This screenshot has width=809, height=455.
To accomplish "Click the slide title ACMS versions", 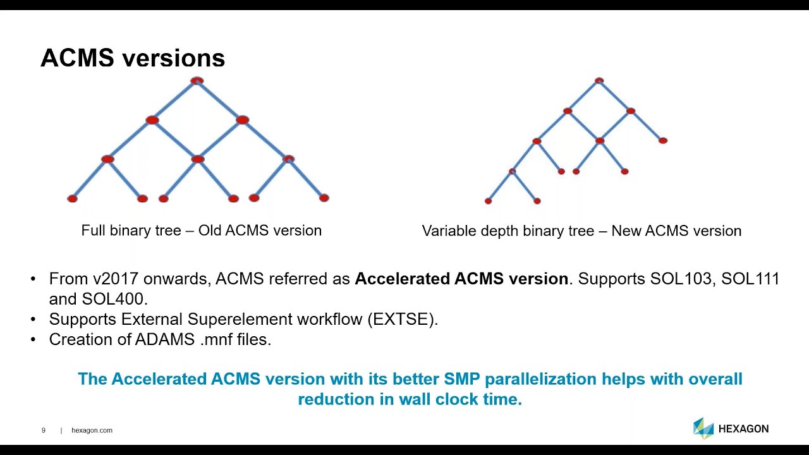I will click(133, 58).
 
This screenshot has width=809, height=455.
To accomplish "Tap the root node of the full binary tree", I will click(197, 81).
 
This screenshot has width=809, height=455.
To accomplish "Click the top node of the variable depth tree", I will click(599, 81).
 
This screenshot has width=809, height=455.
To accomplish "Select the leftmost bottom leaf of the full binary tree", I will click(72, 198).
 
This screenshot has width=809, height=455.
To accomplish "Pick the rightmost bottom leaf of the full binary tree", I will click(324, 198).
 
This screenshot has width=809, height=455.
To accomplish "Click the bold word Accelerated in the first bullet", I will click(402, 279).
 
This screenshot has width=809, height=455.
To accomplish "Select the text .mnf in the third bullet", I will click(212, 339).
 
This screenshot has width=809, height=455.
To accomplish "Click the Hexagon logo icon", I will click(703, 428).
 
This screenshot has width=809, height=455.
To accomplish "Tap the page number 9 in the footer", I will click(44, 430).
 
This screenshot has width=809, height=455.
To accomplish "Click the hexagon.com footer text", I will click(92, 430).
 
